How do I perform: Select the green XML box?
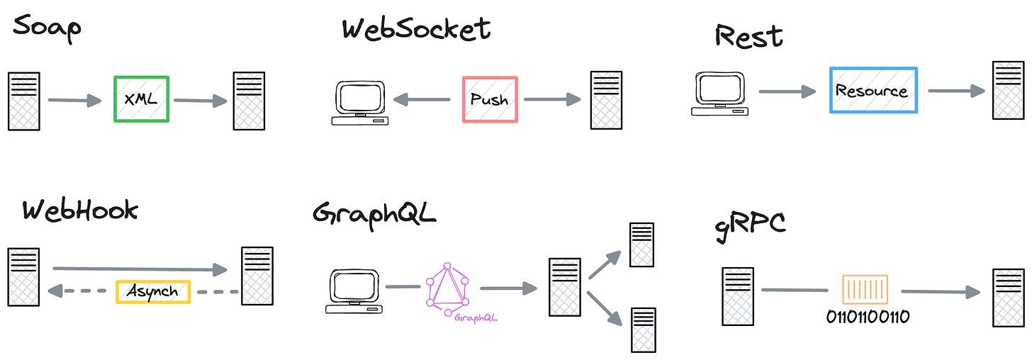pyautogui.click(x=141, y=99)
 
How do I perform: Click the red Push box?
pyautogui.click(x=489, y=99)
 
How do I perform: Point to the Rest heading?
pyautogui.click(x=748, y=35)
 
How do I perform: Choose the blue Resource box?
pyautogui.click(x=873, y=91)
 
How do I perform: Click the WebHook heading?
pyautogui.click(x=79, y=210)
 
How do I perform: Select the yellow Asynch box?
pyautogui.click(x=152, y=291)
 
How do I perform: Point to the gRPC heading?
pyautogui.click(x=749, y=225)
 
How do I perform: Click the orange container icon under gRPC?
pyautogui.click(x=864, y=291)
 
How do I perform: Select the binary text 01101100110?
pyautogui.click(x=868, y=316)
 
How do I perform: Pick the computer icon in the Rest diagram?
pyautogui.click(x=719, y=94)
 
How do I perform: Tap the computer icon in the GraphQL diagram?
pyautogui.click(x=354, y=291)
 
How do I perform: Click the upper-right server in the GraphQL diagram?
pyautogui.click(x=641, y=244)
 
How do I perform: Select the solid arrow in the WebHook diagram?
pyautogui.click(x=140, y=269)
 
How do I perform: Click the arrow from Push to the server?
pyautogui.click(x=552, y=100)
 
